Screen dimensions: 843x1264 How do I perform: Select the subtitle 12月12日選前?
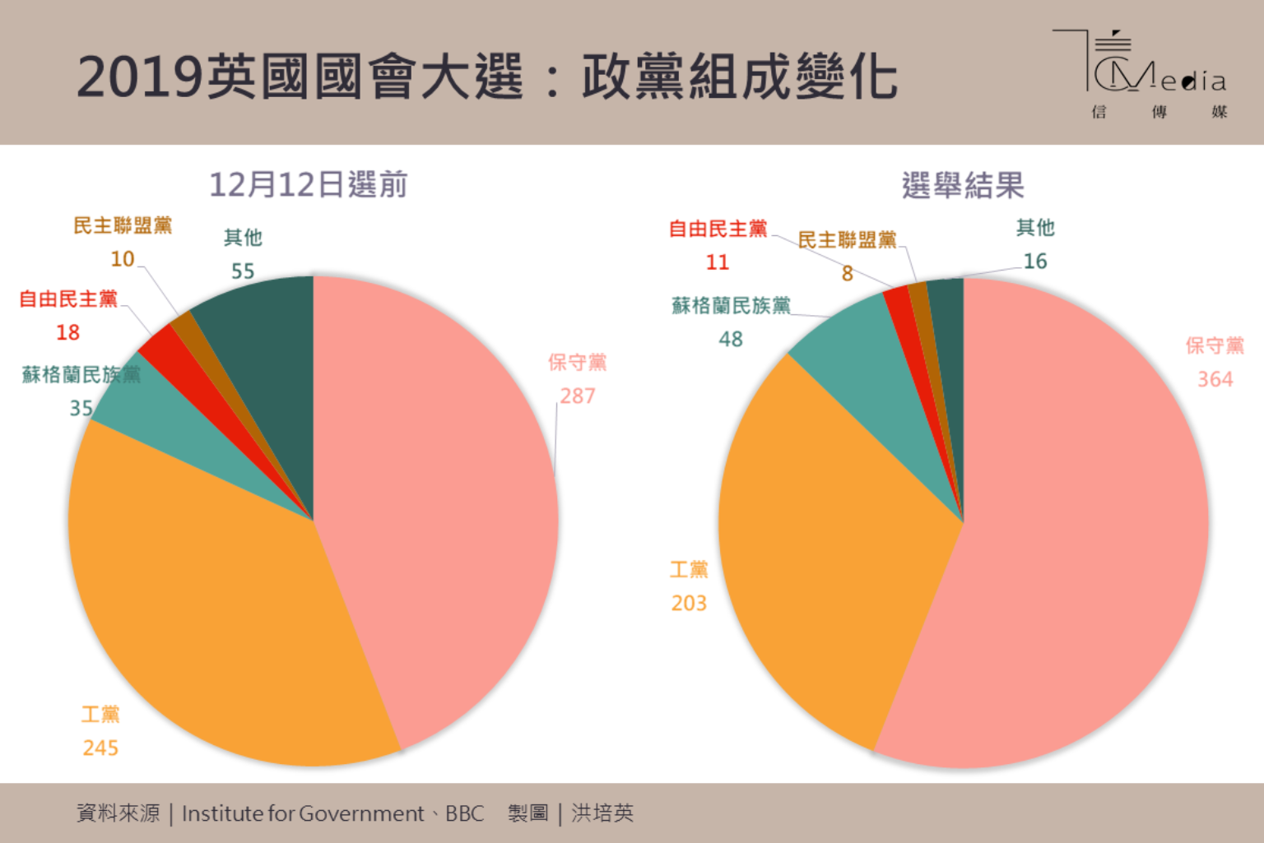coord(308,185)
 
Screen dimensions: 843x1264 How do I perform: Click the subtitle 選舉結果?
coord(962,185)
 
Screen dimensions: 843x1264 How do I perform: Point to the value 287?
coord(578,396)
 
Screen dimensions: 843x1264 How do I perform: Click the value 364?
coord(1215,379)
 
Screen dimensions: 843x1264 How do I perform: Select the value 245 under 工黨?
coord(100,748)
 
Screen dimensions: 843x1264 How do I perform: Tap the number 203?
coord(689,603)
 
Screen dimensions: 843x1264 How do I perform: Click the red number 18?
coord(67,332)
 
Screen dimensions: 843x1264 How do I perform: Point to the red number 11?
coord(717,262)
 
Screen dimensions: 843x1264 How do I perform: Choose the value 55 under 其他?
coord(243,271)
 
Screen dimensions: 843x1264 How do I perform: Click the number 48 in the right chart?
coord(730,339)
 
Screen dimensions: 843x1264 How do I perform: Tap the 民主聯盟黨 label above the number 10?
coord(123,225)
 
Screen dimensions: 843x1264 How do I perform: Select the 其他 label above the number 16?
coord(1034,228)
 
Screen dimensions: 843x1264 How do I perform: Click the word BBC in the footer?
coord(465,813)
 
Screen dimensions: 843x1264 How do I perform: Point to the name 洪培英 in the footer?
coord(602,813)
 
